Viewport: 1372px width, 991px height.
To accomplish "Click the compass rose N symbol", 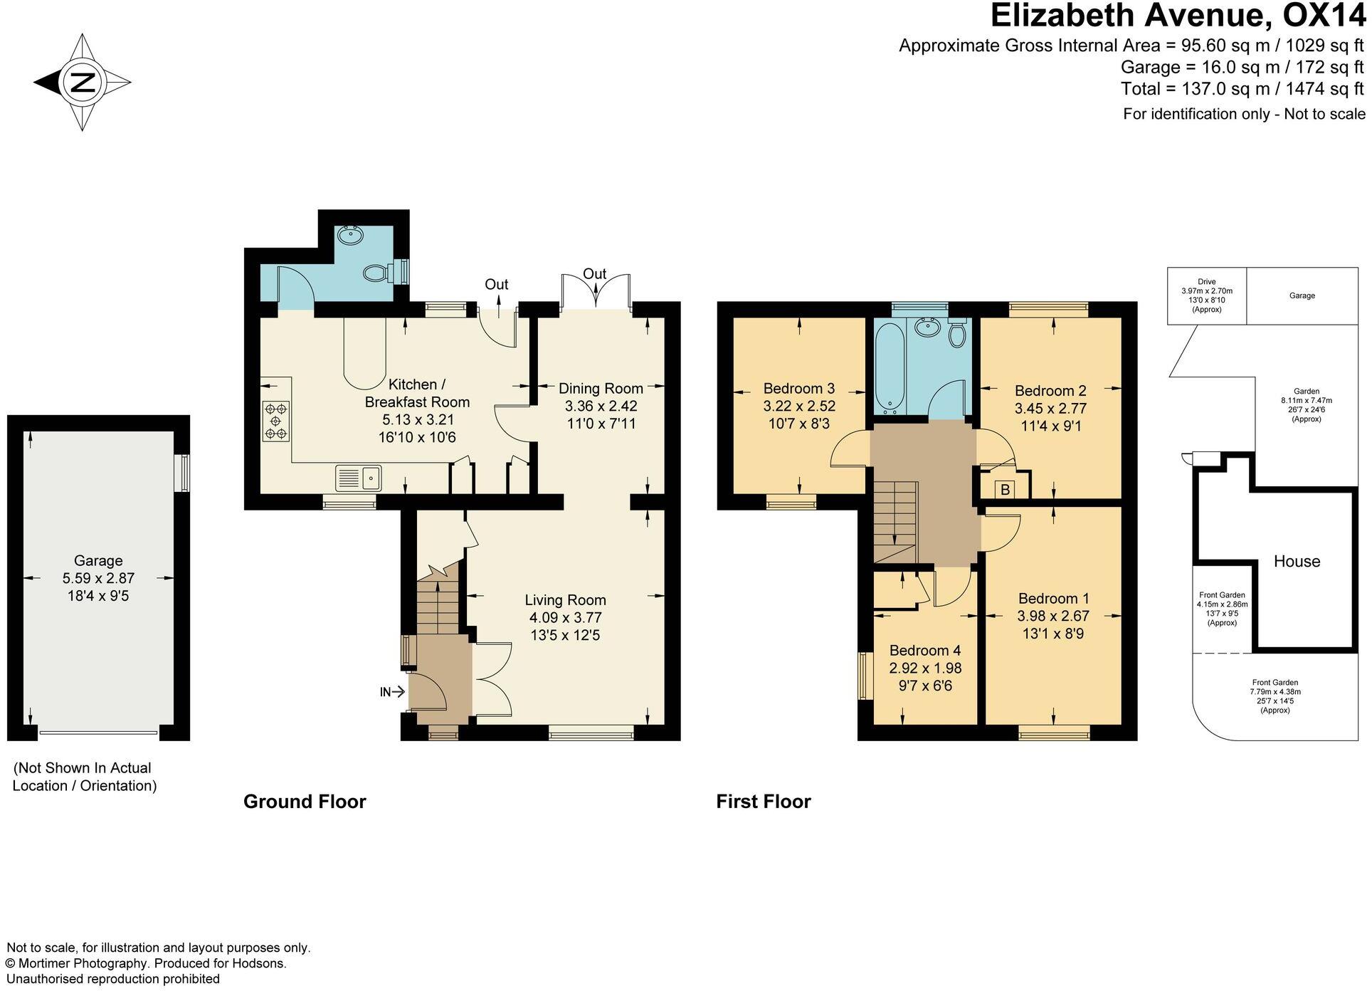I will click(x=83, y=83).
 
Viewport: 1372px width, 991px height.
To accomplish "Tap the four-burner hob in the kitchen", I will click(x=276, y=421).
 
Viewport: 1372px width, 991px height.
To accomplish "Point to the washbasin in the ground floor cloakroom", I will click(x=349, y=234).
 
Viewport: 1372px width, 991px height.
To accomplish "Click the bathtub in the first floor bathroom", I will click(x=890, y=367).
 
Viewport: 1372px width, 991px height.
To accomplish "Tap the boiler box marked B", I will click(x=1005, y=490).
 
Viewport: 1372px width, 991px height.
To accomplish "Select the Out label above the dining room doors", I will click(x=594, y=273).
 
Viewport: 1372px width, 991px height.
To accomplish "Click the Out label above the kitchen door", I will click(x=496, y=284).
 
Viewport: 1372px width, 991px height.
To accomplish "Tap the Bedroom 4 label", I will click(x=924, y=650).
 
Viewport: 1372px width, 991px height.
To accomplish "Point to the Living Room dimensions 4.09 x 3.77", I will click(x=565, y=617).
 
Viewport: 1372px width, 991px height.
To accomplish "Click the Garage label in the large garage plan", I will click(x=98, y=560).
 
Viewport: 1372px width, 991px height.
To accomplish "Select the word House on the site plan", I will click(x=1296, y=561).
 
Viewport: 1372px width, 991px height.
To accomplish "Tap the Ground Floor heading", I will click(x=305, y=802).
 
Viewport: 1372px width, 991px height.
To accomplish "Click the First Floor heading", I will click(x=763, y=802).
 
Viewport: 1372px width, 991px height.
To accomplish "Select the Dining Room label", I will click(x=601, y=388).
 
